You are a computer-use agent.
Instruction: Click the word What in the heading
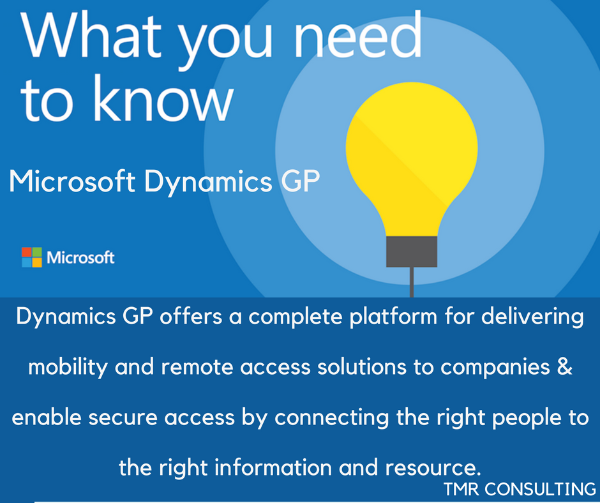(x=91, y=36)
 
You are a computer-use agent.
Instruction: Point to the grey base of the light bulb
(x=412, y=251)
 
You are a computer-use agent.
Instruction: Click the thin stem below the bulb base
(x=412, y=282)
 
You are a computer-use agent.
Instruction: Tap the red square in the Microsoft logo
(x=26, y=252)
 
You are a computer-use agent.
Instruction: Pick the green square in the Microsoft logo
(x=37, y=252)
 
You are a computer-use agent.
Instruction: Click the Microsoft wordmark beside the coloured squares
(x=80, y=258)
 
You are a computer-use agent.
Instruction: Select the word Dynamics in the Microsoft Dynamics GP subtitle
(x=208, y=182)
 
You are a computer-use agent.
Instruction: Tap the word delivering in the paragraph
(x=532, y=317)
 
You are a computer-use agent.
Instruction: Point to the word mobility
(x=68, y=368)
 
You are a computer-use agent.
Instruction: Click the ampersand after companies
(x=565, y=367)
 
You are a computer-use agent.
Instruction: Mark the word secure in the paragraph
(x=123, y=417)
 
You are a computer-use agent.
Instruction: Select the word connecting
(x=332, y=418)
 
